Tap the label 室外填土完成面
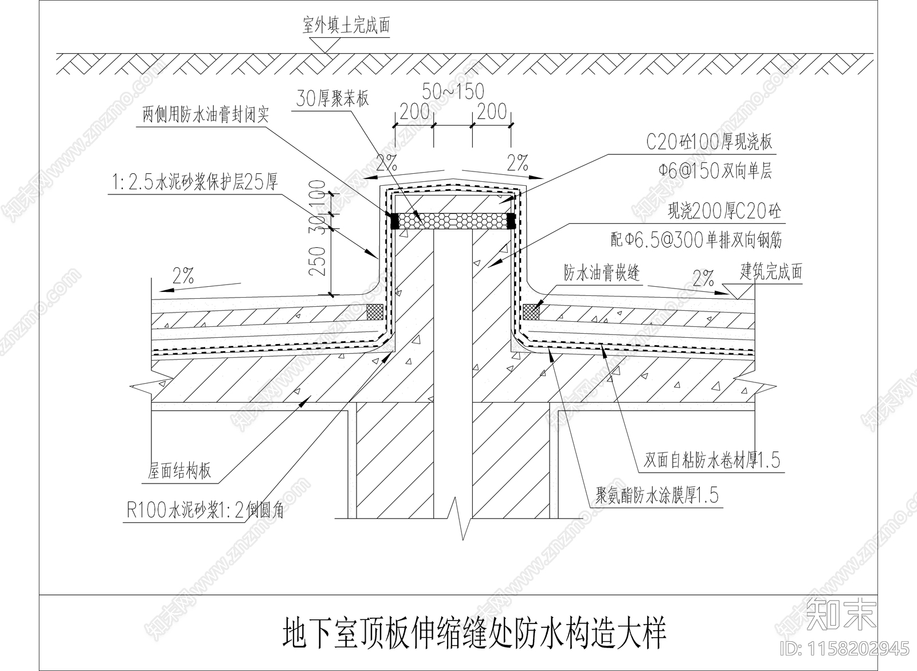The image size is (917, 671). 346,27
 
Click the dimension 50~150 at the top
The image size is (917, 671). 453,91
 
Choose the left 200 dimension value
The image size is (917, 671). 414,111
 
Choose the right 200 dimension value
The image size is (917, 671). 492,111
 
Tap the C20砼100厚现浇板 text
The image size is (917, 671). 710,142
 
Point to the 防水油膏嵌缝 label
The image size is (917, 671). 601,274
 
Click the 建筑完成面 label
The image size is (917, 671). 771,271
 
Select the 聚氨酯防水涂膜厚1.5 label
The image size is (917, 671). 657,496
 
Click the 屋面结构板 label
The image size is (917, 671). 179,471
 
